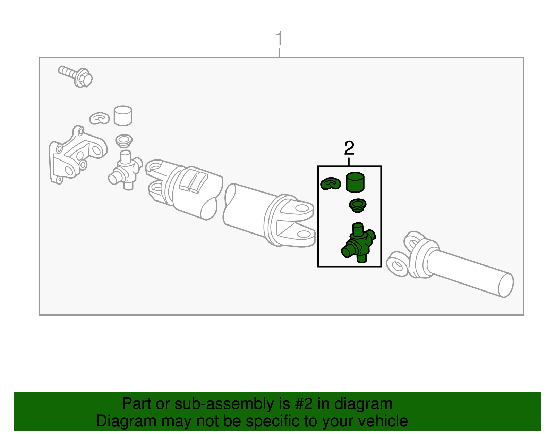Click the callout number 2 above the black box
[x=349, y=148]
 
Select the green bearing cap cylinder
[x=355, y=182]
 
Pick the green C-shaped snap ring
[x=331, y=183]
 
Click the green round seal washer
[x=358, y=205]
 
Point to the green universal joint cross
[x=358, y=243]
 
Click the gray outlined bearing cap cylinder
[x=123, y=116]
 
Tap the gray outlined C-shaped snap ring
[x=99, y=118]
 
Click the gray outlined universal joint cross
[x=125, y=170]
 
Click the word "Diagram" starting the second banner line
[x=126, y=421]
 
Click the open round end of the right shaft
[x=506, y=285]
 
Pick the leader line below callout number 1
[x=280, y=52]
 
